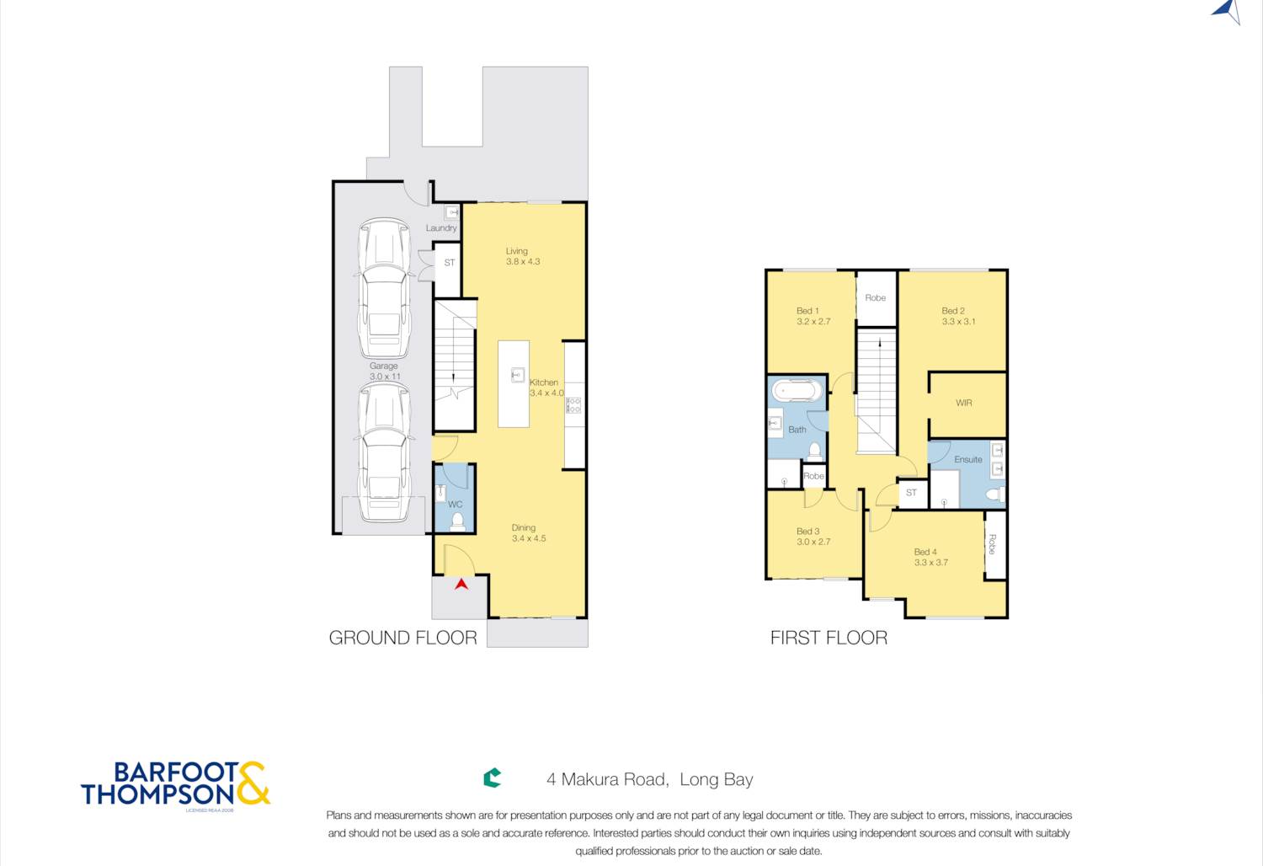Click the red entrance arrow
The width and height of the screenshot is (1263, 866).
[x=461, y=585]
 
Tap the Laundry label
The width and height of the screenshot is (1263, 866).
[x=441, y=228]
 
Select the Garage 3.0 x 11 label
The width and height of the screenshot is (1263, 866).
[x=384, y=372]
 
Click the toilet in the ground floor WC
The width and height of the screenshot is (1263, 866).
[x=457, y=521]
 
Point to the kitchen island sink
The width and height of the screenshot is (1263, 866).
[x=518, y=375]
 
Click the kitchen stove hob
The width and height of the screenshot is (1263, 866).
[x=573, y=404]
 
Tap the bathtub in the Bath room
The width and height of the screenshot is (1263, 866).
[x=797, y=391]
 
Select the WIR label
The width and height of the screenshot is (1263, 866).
[x=963, y=403]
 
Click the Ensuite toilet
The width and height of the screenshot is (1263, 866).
[x=996, y=494]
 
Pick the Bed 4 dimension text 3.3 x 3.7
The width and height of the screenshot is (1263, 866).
[x=931, y=563]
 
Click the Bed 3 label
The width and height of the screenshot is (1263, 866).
[x=808, y=531]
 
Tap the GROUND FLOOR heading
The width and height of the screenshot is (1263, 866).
[x=402, y=638]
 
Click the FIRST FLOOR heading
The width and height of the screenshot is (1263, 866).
[x=829, y=638]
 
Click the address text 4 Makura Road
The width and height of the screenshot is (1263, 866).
[x=607, y=779]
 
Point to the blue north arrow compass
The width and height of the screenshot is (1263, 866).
[x=1228, y=11]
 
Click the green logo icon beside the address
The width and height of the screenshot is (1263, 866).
[x=493, y=778]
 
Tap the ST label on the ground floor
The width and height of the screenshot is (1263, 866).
[x=450, y=262]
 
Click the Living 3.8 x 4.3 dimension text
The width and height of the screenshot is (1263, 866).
[x=523, y=261]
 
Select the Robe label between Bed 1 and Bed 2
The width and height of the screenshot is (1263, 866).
[x=875, y=297]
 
